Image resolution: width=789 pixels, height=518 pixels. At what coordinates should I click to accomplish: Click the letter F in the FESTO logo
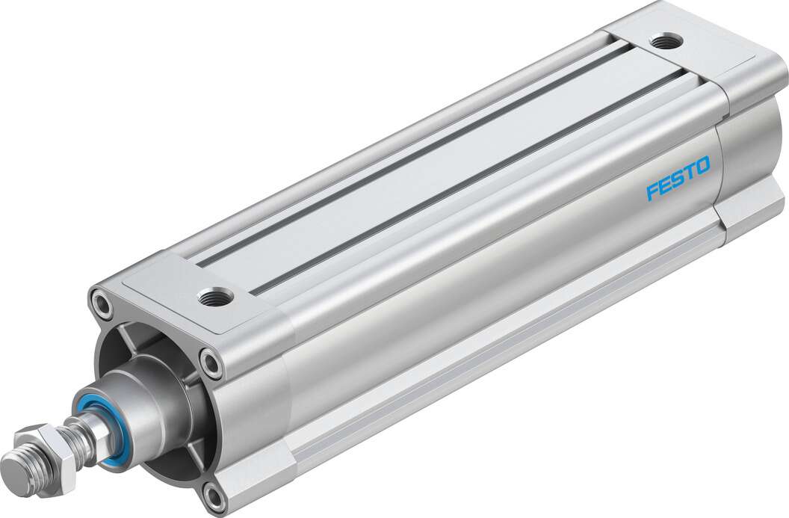(652, 191)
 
